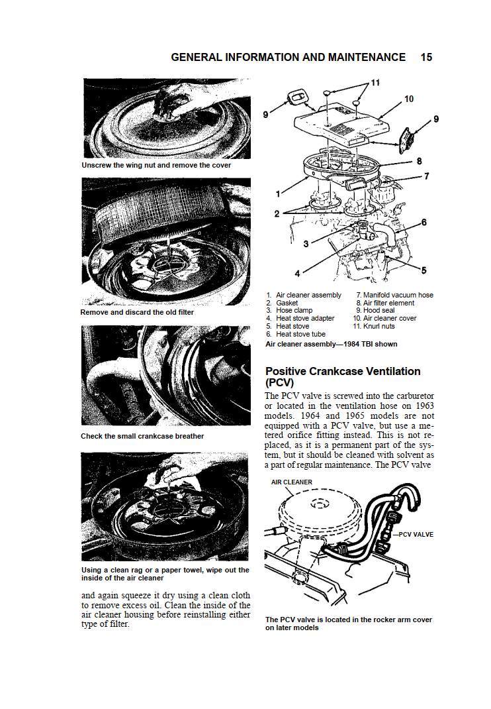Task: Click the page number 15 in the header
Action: pos(426,58)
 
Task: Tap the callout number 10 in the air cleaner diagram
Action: pos(409,99)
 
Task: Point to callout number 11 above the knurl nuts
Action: pos(375,83)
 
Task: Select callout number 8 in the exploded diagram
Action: pos(419,162)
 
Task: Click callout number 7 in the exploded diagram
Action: pos(426,176)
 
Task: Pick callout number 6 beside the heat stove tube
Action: pos(424,222)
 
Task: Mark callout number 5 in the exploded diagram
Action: pos(424,270)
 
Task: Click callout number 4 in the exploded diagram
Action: pos(297,274)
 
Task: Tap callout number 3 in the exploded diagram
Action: pos(306,244)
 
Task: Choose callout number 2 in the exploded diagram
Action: pos(277,214)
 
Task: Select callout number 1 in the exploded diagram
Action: pos(278,194)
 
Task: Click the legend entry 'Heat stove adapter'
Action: pos(305,318)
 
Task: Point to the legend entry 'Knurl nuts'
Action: pos(379,327)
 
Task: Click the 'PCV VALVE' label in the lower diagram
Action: pos(416,535)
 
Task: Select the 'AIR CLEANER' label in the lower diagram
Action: pos(291,482)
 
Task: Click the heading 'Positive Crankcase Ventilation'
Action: pos(343,371)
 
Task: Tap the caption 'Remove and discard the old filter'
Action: pos(137,313)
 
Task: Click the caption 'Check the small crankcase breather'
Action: pos(142,437)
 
